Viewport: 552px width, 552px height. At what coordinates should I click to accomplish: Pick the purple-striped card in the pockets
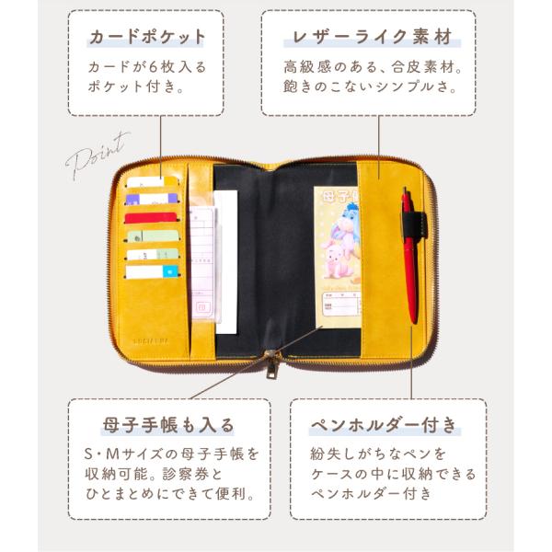pyautogui.click(x=146, y=198)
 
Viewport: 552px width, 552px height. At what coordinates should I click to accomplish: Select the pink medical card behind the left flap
pyautogui.click(x=202, y=267)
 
